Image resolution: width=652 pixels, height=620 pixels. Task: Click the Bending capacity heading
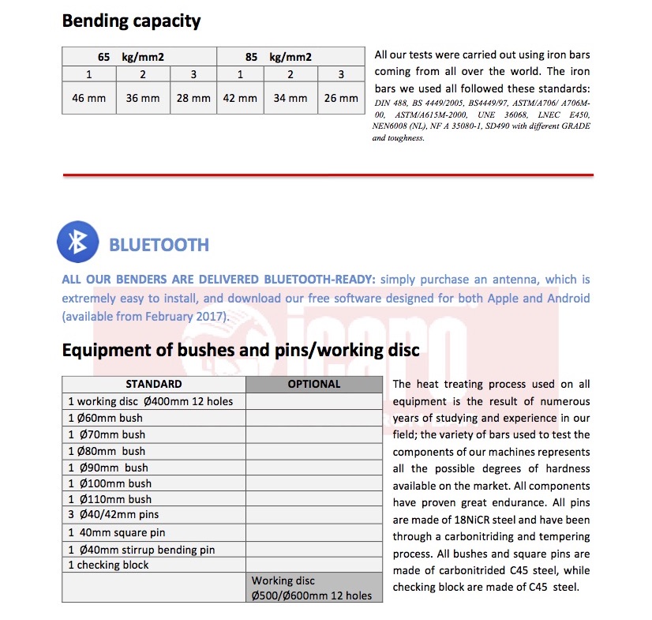[x=131, y=21]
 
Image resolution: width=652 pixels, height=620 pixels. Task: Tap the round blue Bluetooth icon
[x=77, y=242]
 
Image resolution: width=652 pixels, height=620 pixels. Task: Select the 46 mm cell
[x=88, y=99]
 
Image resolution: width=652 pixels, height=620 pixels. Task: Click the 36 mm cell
[x=143, y=99]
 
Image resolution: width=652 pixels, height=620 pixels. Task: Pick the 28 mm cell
[x=193, y=99]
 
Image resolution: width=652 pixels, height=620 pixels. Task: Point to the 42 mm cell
[x=240, y=99]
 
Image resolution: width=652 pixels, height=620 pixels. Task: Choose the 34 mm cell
[x=290, y=99]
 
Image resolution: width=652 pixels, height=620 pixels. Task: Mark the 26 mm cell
[x=340, y=99]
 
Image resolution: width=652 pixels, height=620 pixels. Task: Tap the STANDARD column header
[x=153, y=385]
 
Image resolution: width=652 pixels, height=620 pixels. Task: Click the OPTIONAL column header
[x=314, y=385]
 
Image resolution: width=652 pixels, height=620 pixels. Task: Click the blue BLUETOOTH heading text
[x=159, y=245]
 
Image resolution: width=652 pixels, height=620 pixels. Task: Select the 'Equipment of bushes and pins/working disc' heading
[x=240, y=350]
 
